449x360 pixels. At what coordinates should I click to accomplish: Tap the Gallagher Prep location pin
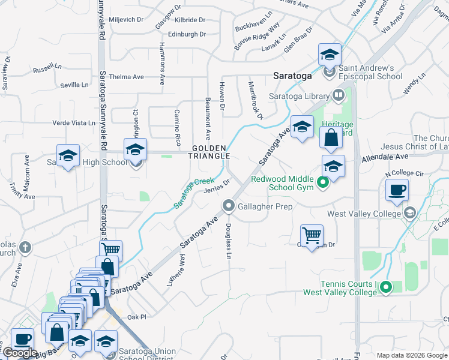(229, 206)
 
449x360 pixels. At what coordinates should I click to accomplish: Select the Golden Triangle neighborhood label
(210, 152)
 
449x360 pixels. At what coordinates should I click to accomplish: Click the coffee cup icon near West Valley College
(397, 191)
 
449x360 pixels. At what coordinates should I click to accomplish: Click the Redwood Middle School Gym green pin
(322, 183)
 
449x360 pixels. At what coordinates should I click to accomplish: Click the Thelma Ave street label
(127, 77)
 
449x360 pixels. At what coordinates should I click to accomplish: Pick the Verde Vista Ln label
(74, 122)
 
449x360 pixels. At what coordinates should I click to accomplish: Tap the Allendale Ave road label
(384, 159)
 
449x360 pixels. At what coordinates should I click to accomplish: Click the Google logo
(20, 353)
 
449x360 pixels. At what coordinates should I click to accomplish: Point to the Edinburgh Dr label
(187, 35)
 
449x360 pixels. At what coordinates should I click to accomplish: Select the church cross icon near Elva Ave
(25, 247)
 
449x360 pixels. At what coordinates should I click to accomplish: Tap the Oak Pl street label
(136, 317)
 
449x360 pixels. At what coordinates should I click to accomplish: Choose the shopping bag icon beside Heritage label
(331, 138)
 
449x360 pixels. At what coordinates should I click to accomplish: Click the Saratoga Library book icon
(339, 95)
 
